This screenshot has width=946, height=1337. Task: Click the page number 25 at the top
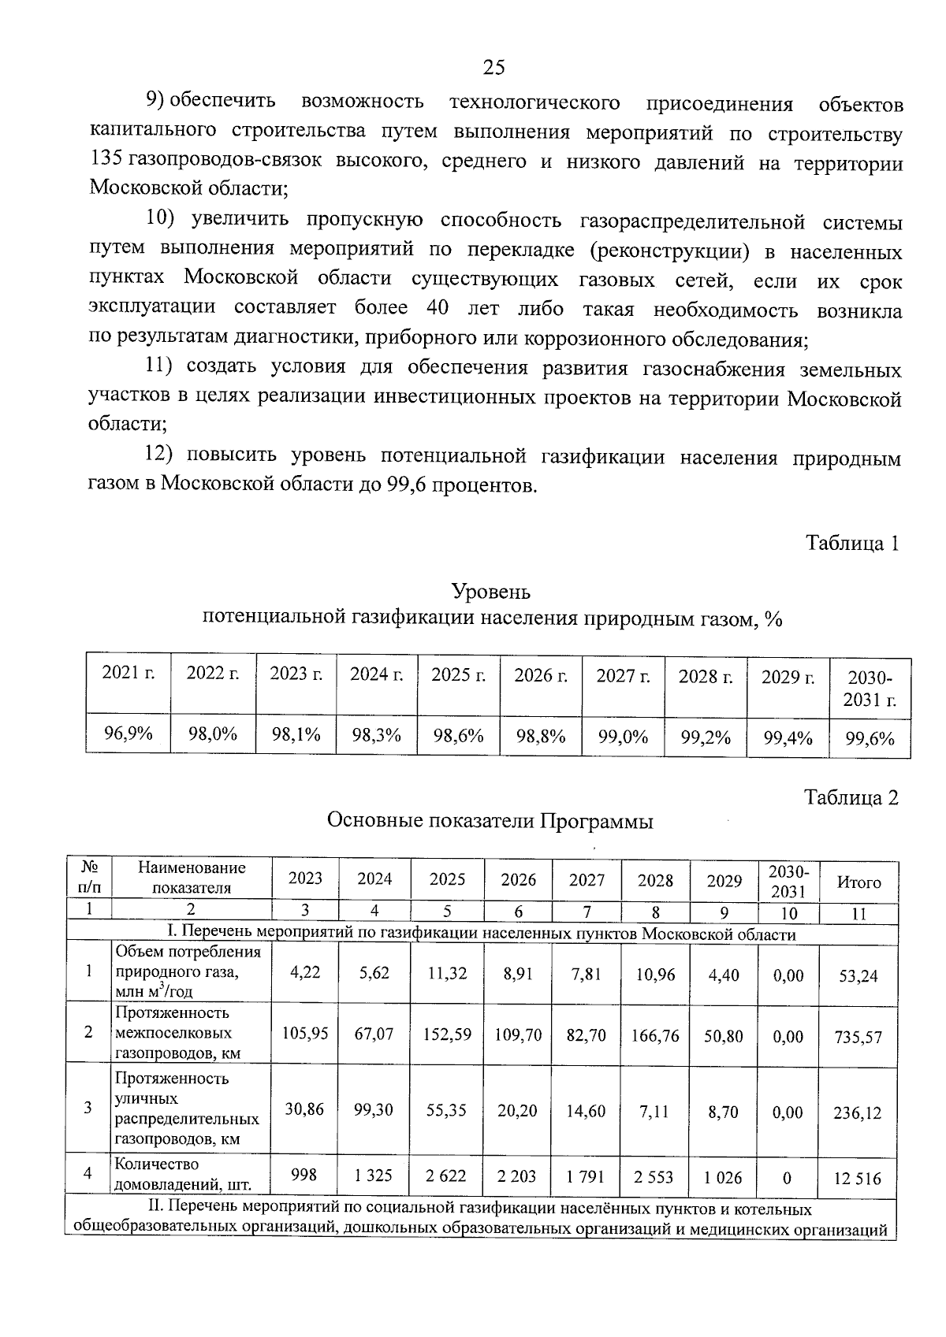[493, 68]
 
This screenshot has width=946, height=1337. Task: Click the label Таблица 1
[851, 543]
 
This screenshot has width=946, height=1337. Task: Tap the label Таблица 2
[851, 798]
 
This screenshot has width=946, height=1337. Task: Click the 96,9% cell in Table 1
[128, 734]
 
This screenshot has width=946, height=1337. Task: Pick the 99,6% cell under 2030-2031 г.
[870, 738]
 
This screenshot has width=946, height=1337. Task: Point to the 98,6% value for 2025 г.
[458, 736]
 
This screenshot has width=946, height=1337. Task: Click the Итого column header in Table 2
[858, 882]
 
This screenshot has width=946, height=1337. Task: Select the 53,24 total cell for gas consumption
[858, 976]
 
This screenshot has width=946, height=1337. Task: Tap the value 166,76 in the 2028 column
[655, 1035]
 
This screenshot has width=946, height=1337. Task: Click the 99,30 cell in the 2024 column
[374, 1109]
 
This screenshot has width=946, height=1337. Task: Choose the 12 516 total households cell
[858, 1179]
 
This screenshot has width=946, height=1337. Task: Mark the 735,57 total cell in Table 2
[858, 1037]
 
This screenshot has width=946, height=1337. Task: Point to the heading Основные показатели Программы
[490, 822]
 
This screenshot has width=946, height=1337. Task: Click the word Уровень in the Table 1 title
[490, 591]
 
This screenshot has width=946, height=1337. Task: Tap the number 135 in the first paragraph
[104, 160]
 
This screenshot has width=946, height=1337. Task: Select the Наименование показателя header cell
[192, 878]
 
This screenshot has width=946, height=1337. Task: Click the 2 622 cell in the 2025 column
[445, 1176]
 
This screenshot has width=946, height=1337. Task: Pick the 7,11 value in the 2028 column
[655, 1110]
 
